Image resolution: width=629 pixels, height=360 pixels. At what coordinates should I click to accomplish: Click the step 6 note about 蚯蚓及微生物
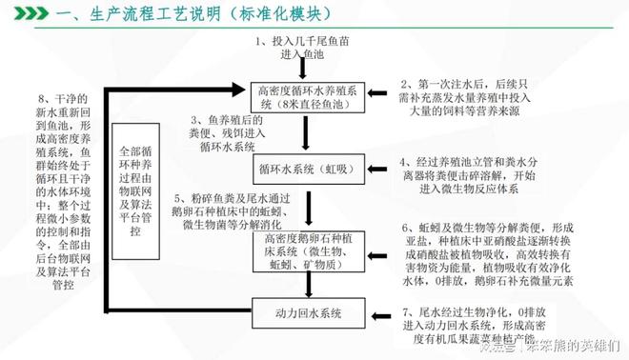pyautogui.click(x=506, y=254)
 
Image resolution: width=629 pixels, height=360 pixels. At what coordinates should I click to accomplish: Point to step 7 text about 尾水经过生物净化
pyautogui.click(x=501, y=327)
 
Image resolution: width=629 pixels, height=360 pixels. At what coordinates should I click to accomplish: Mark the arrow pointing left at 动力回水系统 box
pyautogui.click(x=375, y=312)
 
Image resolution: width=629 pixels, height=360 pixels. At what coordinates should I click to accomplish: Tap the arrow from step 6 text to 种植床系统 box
pyautogui.click(x=375, y=250)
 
